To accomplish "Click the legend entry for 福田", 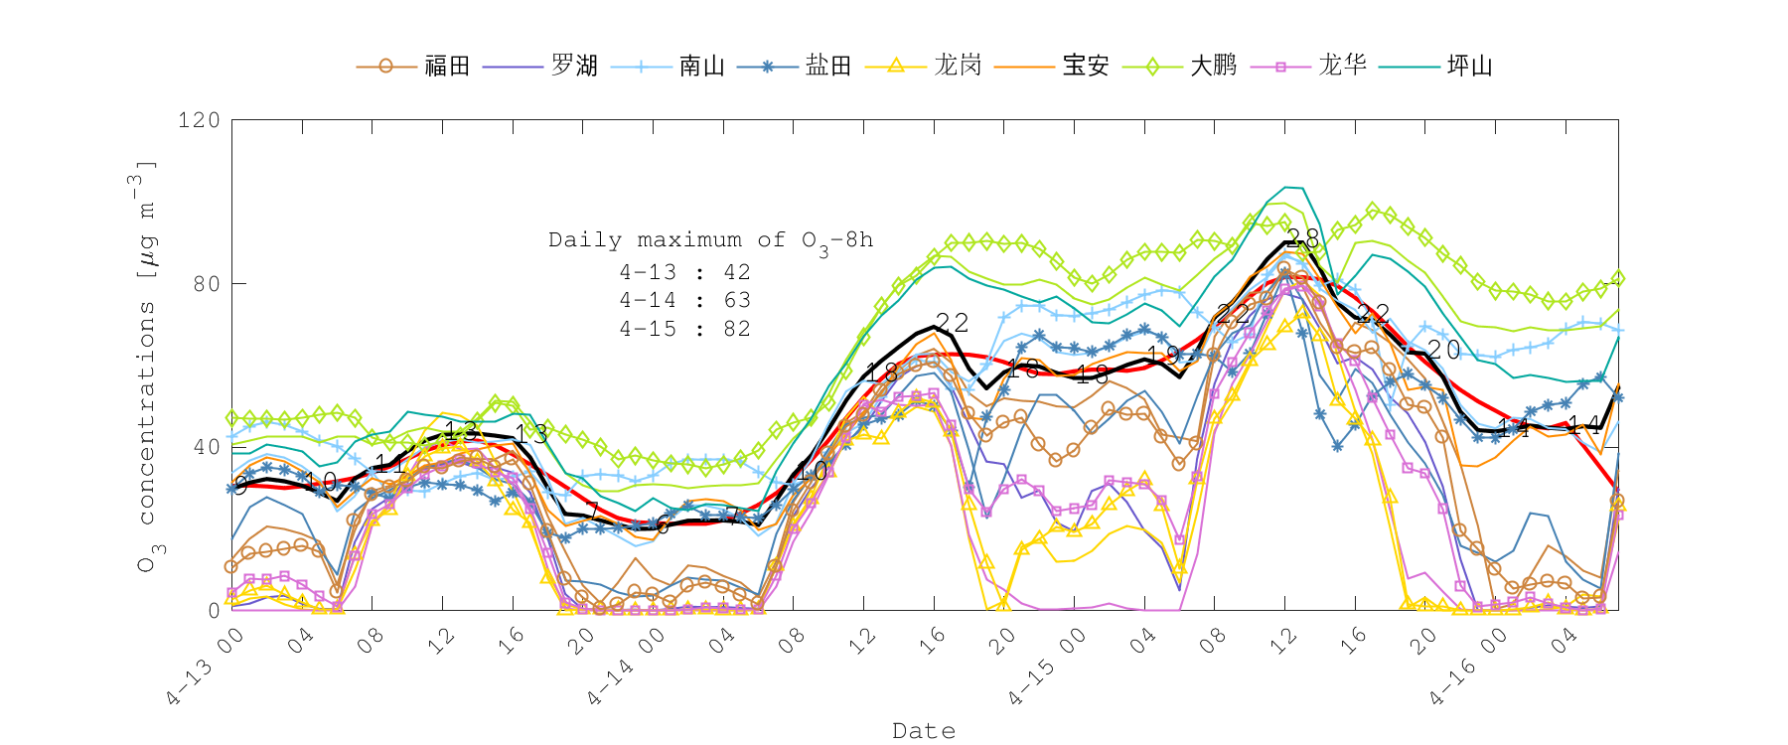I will point(446,67).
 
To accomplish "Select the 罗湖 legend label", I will point(574,67).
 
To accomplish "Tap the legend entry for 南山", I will point(701,67).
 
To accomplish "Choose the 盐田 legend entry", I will point(828,67).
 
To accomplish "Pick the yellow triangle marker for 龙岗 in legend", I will point(895,66).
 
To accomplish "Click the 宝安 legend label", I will point(1086,67).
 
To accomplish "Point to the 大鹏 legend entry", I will point(1213,67).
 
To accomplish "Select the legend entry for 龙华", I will point(1342,67).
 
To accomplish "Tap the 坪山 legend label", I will point(1470,67).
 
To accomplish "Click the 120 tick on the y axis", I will point(199,120).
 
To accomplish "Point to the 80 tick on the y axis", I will point(206,284).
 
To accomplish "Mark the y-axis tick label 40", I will point(206,447).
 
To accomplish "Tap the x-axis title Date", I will point(924,731).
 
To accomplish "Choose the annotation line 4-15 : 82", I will point(684,329).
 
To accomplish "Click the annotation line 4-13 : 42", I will point(684,272).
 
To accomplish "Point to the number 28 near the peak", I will point(1302,238).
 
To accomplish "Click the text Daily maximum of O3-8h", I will point(710,240).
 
